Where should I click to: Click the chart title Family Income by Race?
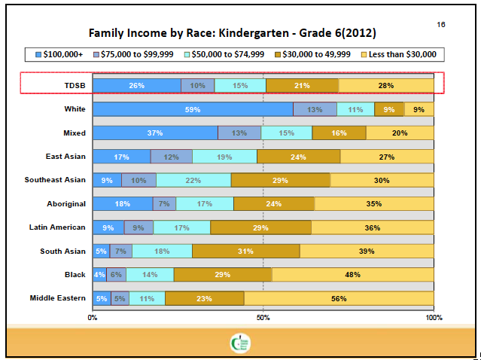pos(233,33)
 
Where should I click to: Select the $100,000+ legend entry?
pos(59,54)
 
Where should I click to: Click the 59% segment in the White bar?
pos(193,109)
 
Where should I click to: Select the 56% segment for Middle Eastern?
pos(339,298)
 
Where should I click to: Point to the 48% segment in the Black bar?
pos(352,275)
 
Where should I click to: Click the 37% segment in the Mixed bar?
pos(155,133)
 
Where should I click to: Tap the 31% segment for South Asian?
pos(245,251)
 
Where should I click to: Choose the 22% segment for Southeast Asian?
pos(193,180)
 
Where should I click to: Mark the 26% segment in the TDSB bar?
pos(136,85)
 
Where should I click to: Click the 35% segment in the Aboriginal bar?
pos(373,203)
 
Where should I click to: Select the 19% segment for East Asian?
pos(224,157)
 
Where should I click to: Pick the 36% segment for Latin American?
pos(372,227)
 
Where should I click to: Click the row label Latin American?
pos(57,227)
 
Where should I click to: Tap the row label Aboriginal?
pos(65,203)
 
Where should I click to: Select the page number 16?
pos(440,25)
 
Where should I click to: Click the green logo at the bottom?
pos(240,343)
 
